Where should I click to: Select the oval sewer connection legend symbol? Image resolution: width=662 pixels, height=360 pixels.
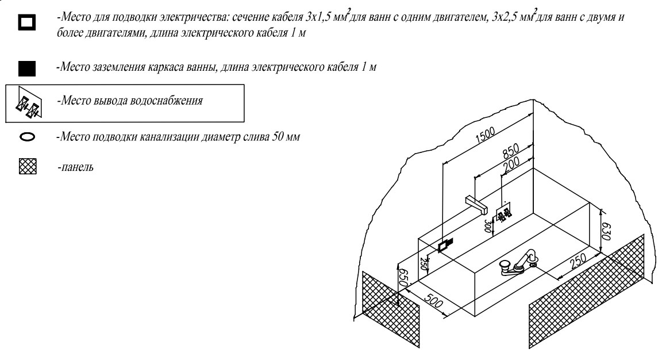pyautogui.click(x=27, y=137)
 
